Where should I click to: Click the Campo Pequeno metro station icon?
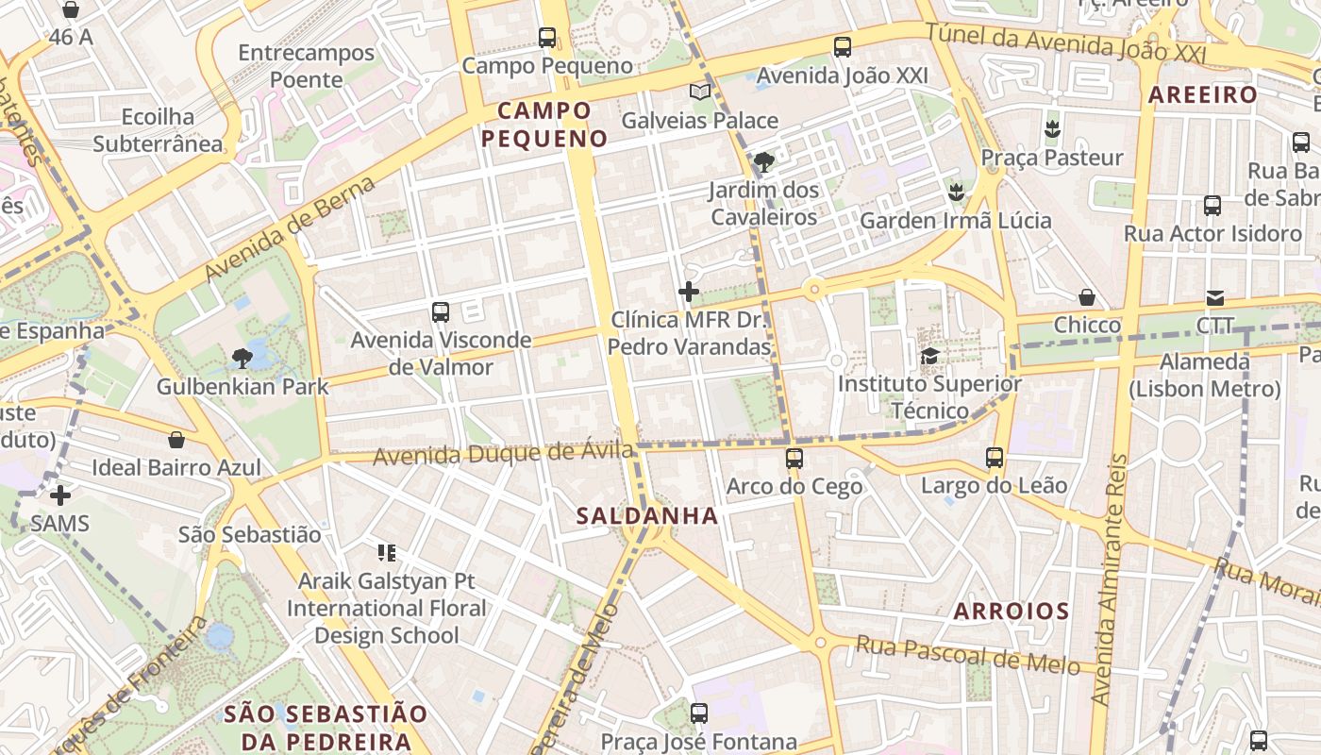(547, 38)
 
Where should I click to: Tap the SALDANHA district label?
(647, 516)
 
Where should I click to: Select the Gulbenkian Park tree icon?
(242, 358)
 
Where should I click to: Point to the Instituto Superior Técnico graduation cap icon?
(929, 356)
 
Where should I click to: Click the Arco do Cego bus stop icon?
(794, 459)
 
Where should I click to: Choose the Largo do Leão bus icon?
(995, 458)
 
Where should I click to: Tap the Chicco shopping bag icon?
(1087, 297)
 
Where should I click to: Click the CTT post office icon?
(1214, 298)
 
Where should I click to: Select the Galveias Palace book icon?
(699, 92)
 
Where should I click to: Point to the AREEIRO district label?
(1203, 95)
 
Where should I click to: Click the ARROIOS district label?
(1012, 611)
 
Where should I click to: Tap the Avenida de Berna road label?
(291, 227)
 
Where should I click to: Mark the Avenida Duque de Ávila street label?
(503, 454)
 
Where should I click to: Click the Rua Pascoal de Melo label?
(967, 654)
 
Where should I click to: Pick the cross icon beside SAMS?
(60, 495)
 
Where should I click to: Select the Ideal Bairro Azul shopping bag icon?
(176, 440)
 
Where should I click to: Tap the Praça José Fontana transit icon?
(699, 713)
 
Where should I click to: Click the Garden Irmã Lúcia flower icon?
(956, 193)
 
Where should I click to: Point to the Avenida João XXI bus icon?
(843, 47)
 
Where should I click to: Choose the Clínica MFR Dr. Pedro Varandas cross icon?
(689, 292)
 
